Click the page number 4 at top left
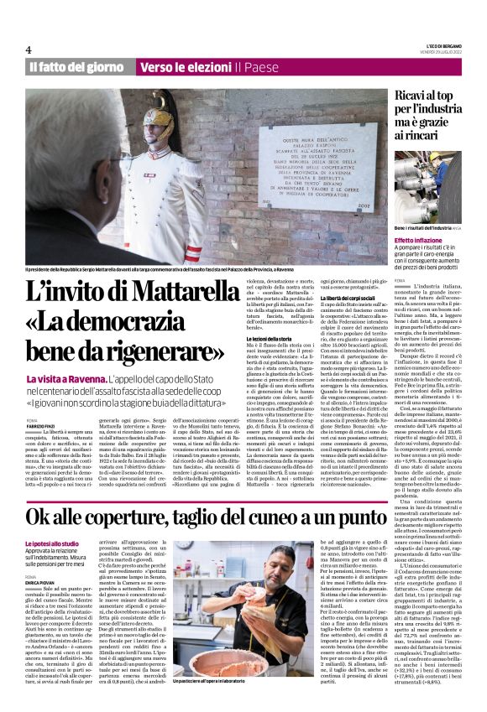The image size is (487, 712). coord(29,50)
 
